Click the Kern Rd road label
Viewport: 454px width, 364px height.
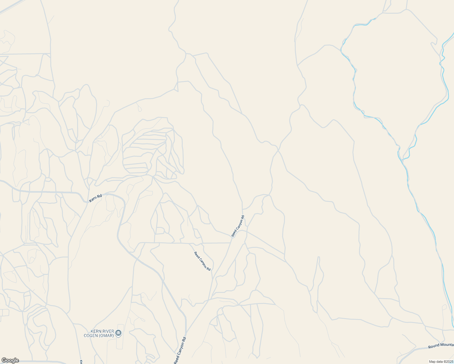click(96, 199)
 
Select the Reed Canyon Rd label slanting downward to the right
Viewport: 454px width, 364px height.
click(202, 261)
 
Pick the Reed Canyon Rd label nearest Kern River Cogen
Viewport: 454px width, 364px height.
click(180, 351)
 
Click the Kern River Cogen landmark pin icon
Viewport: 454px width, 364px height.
click(119, 333)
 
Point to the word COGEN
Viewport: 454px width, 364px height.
click(91, 335)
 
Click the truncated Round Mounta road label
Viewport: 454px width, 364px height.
click(441, 346)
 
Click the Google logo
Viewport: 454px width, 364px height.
click(10, 360)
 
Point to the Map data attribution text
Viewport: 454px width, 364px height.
click(441, 362)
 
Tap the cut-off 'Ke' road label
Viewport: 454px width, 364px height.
click(81, 362)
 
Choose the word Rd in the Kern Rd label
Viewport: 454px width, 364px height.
click(100, 197)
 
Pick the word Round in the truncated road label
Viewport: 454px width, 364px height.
click(434, 347)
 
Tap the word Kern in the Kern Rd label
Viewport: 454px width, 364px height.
click(93, 200)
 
